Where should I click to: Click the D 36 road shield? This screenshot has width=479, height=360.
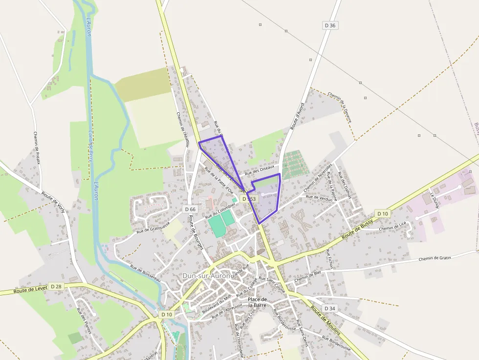coord(331,25)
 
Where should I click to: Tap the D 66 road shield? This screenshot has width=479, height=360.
coord(191,209)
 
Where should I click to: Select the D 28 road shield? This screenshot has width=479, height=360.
coord(56,286)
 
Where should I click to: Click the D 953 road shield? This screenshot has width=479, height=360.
coord(250,199)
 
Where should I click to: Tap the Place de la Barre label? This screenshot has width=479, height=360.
coord(257,302)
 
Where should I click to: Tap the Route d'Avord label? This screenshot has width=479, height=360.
coord(297,116)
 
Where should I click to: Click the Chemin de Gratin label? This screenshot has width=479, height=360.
coord(435,257)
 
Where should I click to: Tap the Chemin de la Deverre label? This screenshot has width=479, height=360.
coord(340,107)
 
